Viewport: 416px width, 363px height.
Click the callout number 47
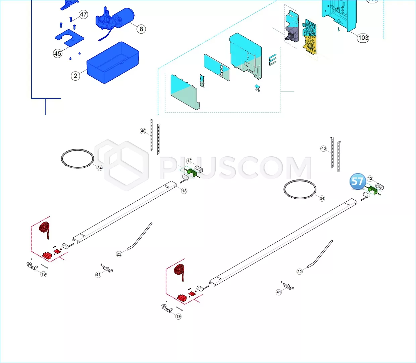coord(83,14)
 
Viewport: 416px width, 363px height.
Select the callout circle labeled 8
coord(141,29)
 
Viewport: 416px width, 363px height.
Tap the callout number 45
coord(58,53)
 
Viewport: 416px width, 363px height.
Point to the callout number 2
coord(75,76)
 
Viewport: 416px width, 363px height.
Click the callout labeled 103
coord(363,38)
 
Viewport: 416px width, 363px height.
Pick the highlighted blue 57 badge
coord(358,181)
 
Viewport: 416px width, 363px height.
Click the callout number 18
coord(184,191)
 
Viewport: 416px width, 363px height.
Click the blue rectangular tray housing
coord(113,63)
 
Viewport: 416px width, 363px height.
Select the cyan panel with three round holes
coord(217,68)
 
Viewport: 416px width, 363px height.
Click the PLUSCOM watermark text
coord(236,167)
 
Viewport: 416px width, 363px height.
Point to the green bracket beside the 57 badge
coord(373,190)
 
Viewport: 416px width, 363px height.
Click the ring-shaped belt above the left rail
coord(77,159)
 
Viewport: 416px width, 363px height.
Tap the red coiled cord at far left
coord(45,230)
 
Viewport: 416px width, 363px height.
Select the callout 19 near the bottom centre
coord(178,316)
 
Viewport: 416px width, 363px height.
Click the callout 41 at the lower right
coord(278,292)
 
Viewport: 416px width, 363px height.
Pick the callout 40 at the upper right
coord(323,149)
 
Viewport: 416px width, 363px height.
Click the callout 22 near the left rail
coord(119,254)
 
